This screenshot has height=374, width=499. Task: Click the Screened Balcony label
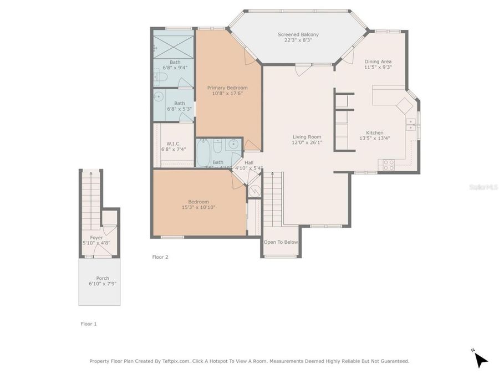pyautogui.click(x=298, y=35)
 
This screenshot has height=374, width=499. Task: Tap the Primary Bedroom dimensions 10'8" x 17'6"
pyautogui.click(x=227, y=94)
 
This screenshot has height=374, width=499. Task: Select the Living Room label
pyautogui.click(x=307, y=137)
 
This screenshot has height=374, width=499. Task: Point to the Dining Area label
pyautogui.click(x=378, y=62)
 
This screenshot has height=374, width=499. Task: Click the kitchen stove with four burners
pyautogui.click(x=388, y=165)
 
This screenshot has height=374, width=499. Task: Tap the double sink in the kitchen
pyautogui.click(x=411, y=125)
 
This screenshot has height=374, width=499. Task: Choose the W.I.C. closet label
pyautogui.click(x=174, y=144)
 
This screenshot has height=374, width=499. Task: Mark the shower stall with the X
pyautogui.click(x=174, y=45)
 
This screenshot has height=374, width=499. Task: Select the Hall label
pyautogui.click(x=248, y=162)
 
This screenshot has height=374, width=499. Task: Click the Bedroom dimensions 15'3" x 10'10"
pyautogui.click(x=198, y=207)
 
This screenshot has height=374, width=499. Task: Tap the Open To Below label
pyautogui.click(x=281, y=242)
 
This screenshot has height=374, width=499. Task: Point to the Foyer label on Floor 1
pyautogui.click(x=96, y=238)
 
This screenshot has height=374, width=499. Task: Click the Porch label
pyautogui.click(x=103, y=278)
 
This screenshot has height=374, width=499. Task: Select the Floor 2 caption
pyautogui.click(x=160, y=257)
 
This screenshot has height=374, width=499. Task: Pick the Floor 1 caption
pyautogui.click(x=89, y=324)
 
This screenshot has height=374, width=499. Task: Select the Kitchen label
pyautogui.click(x=375, y=132)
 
